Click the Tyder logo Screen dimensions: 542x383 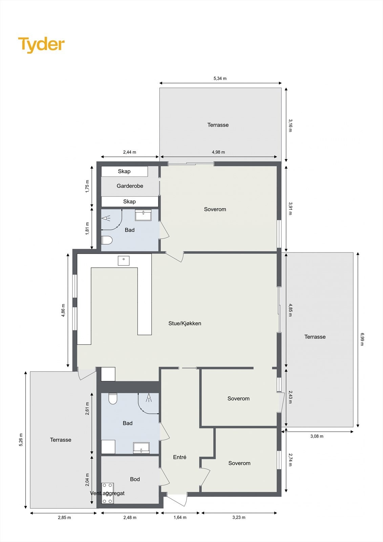pos(41,45)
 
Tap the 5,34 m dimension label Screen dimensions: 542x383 pos(220,79)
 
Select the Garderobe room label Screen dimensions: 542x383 pos(130,186)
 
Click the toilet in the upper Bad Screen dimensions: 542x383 pos(107,240)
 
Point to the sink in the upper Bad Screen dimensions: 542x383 pos(143,215)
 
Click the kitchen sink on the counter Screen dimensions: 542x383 pos(124,260)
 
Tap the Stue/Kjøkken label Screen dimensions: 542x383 pos(185,324)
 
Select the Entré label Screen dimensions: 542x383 pos(179,457)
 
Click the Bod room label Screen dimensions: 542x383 pos(135,479)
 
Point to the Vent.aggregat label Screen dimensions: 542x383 pos(107,494)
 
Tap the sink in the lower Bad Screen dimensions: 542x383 pos(142,447)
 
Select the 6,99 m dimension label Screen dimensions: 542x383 pos(362,339)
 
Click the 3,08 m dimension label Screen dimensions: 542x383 pos(317,436)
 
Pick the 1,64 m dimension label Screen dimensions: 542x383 pos(180,518)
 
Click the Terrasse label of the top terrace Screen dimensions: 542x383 pos(218,125)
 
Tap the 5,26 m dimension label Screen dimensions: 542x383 pos(21,440)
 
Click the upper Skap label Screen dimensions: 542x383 pos(124,171)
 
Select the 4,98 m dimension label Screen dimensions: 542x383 pos(218,152)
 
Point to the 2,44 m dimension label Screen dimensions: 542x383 pos(129,152)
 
